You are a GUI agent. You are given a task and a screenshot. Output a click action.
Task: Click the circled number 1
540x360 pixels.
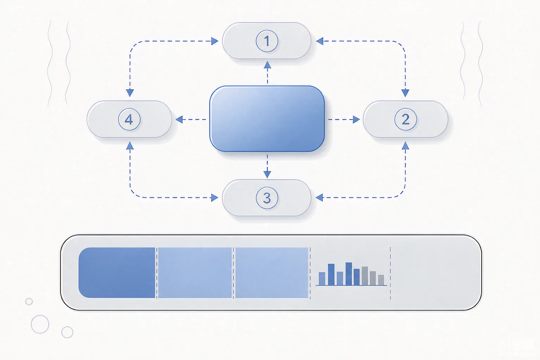coord(267,41)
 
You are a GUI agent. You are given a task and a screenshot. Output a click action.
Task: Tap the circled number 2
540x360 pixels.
coord(405,120)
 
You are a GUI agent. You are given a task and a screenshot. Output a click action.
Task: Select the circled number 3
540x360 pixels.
coord(267,198)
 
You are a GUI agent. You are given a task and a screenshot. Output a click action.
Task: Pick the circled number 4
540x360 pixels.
coord(129,120)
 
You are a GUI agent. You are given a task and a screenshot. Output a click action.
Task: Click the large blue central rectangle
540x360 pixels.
coord(267,119)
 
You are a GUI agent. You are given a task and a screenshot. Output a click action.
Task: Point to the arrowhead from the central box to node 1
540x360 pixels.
coord(267,65)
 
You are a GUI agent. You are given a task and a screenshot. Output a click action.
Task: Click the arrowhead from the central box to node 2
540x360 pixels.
coord(356,120)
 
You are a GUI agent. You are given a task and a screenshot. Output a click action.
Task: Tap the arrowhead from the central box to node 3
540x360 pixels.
coord(267,174)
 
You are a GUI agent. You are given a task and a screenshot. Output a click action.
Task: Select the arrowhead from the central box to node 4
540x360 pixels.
coord(179,120)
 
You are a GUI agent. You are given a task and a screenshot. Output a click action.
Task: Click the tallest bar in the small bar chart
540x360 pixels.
coord(349,274)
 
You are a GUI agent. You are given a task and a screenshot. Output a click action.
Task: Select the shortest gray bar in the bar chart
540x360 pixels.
coord(381,280)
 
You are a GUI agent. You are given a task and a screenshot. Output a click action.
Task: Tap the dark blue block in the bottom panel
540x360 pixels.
coord(117,273)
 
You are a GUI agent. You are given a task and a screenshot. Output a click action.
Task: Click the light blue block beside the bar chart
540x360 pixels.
coord(272,273)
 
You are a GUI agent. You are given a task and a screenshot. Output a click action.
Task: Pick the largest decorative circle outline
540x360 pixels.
coord(40,315)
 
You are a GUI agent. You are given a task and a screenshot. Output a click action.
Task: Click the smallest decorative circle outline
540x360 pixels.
coord(29,298)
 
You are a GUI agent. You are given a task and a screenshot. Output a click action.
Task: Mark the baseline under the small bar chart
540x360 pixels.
coord(351,285)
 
